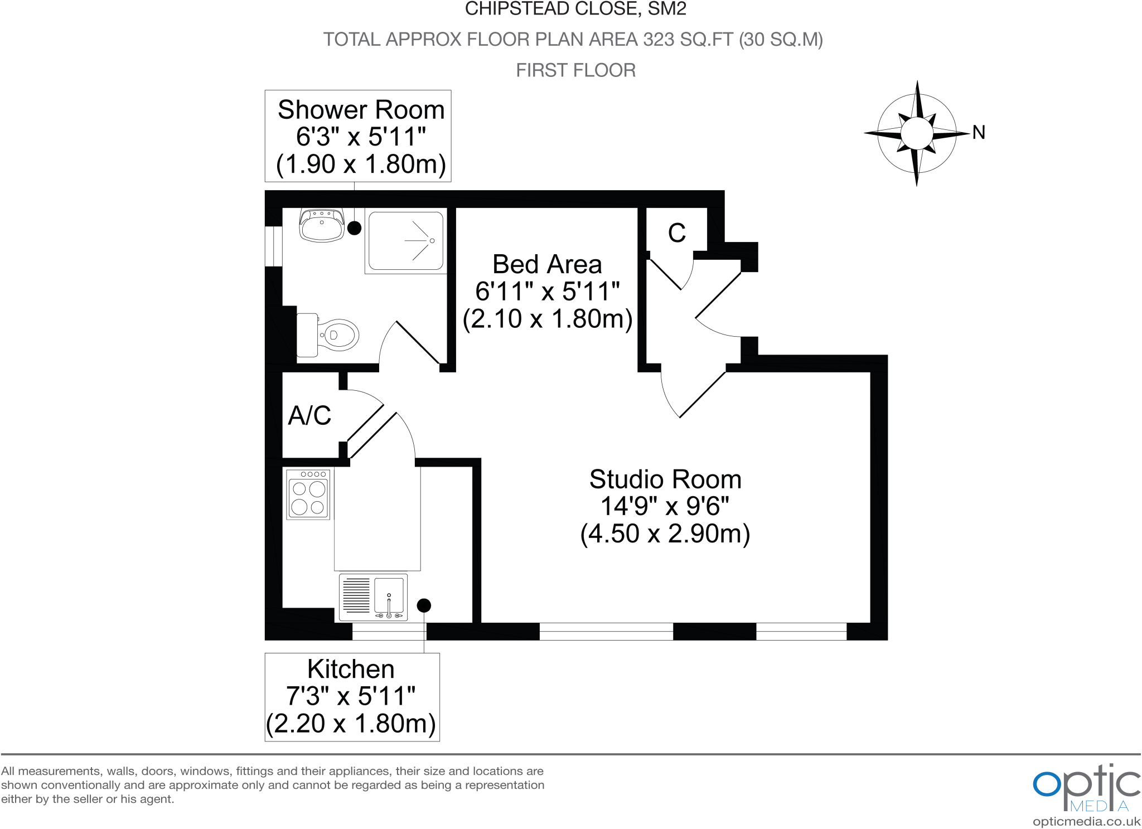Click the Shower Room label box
[x=357, y=136]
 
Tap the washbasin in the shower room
[x=321, y=225]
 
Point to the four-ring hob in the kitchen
[x=308, y=495]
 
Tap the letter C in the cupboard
[x=676, y=233]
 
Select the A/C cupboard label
[x=309, y=415]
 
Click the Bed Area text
[x=547, y=264]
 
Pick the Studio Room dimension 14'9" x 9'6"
[x=665, y=506]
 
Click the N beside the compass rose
[x=979, y=132]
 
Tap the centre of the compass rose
[x=916, y=133]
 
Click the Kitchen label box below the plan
[x=352, y=697]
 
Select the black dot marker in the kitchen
[x=424, y=605]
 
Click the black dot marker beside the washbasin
[x=354, y=227]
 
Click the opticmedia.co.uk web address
[x=1086, y=821]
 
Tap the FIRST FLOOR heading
[x=575, y=70]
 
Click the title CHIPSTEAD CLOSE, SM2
[x=575, y=9]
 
